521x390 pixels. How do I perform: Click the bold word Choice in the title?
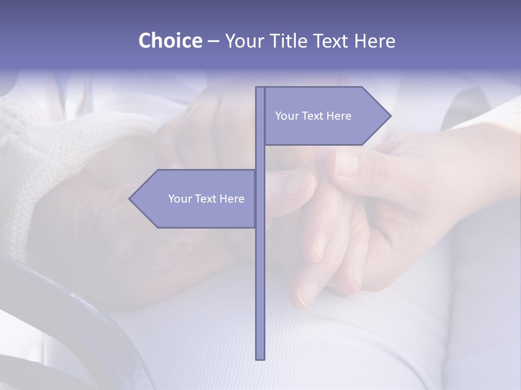170,41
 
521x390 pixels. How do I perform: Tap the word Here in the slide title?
374,41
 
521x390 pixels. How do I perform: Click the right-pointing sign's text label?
313,116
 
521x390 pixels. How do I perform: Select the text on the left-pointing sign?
206,199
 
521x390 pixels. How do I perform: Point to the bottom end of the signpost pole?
260,357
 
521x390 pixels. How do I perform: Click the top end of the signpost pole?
260,88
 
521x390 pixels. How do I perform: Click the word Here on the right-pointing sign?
339,116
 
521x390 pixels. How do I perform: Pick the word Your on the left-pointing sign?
180,199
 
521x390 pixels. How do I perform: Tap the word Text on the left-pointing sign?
206,199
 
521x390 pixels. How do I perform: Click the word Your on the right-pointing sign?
287,116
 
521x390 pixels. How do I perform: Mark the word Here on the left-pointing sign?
232,199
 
